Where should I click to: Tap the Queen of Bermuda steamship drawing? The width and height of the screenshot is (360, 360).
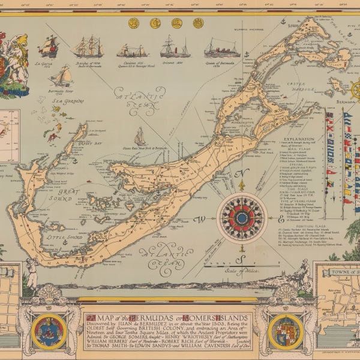tap(221, 48)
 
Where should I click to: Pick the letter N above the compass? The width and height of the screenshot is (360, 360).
tap(242, 174)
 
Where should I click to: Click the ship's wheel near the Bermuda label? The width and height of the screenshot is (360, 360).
tap(355, 91)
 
